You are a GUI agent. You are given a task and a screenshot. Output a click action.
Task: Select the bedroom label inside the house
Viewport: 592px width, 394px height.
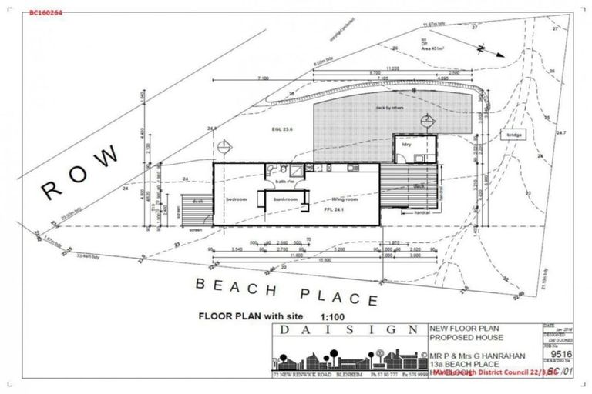(x=236, y=199)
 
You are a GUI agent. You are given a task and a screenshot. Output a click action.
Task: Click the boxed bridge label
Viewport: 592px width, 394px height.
(x=514, y=135)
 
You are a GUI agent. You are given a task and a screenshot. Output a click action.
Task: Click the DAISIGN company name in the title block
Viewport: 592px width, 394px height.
(x=348, y=329)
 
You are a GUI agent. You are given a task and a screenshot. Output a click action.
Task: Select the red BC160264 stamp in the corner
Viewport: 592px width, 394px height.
(x=46, y=12)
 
